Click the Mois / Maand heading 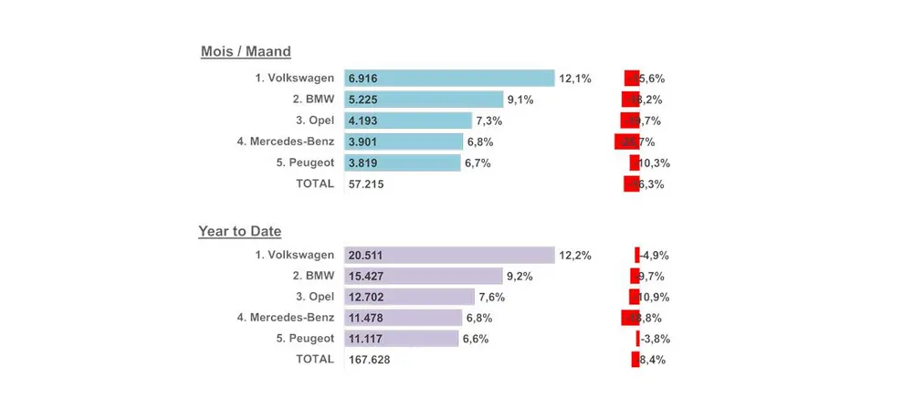(x=246, y=52)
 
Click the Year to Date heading (x=239, y=232)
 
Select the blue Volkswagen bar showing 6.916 (x=449, y=79)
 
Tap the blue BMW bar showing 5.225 (x=424, y=100)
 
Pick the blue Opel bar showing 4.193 (x=408, y=121)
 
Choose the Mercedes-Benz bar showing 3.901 (x=404, y=142)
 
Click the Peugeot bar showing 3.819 (x=403, y=163)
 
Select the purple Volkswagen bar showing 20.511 (x=449, y=256)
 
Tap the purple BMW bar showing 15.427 (x=424, y=276)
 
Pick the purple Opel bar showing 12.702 (x=410, y=297)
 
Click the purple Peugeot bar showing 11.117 (x=402, y=339)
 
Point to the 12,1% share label (x=575, y=79)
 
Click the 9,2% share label (x=519, y=277)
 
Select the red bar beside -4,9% (x=637, y=256)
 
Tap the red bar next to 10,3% (x=635, y=163)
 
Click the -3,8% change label (x=655, y=339)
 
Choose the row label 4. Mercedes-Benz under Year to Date (x=285, y=318)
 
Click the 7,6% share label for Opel (x=491, y=298)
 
